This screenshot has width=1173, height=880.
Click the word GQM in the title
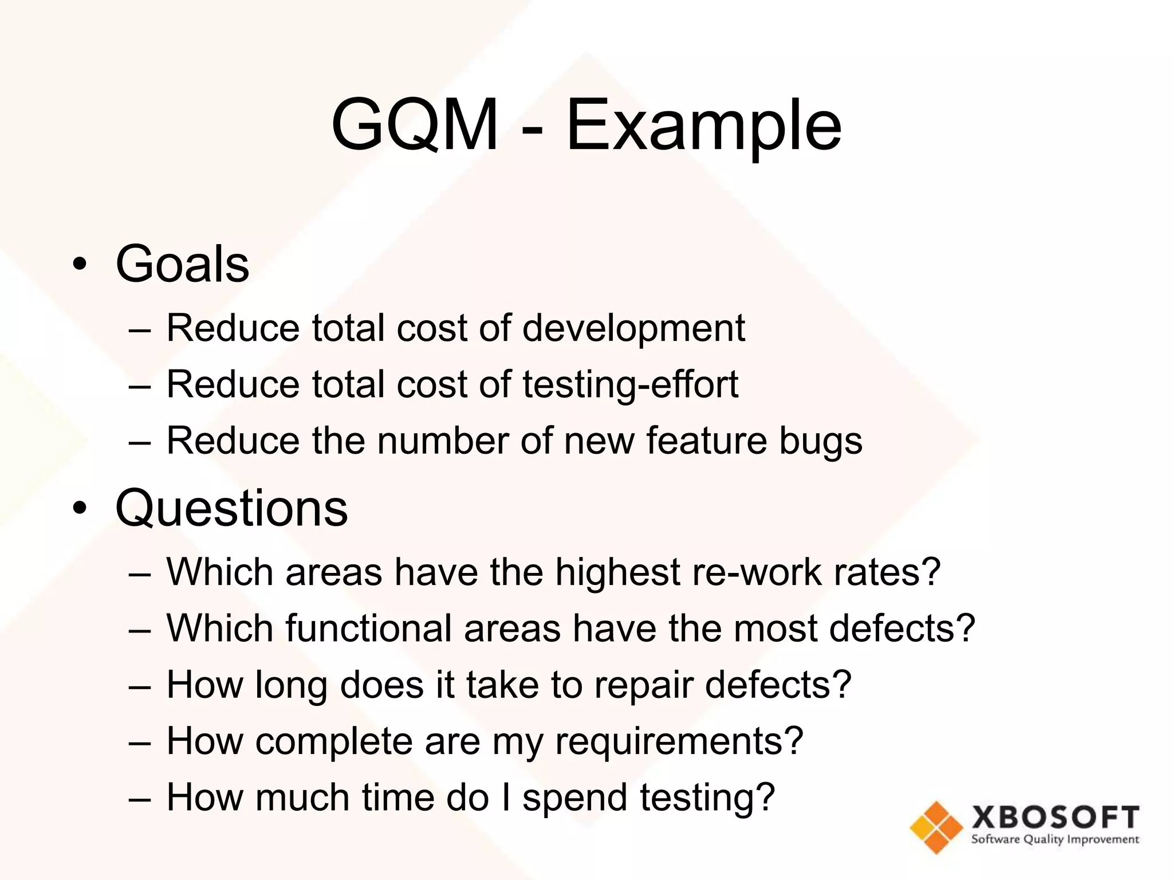coord(415,125)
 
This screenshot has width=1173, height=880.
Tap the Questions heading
coord(231,508)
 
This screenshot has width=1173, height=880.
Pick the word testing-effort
coord(630,385)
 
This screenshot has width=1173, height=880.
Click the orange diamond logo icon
coord(936,827)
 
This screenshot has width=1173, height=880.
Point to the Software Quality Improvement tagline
coord(1055,840)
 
